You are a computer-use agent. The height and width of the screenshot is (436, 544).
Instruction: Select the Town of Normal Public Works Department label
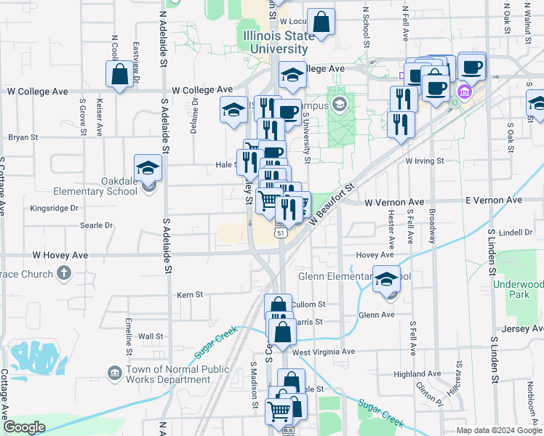click(167, 374)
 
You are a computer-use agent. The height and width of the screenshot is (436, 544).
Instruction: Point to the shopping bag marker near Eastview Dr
click(119, 74)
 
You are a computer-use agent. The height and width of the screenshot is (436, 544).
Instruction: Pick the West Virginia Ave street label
click(324, 352)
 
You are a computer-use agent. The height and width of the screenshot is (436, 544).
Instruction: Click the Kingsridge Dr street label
click(55, 208)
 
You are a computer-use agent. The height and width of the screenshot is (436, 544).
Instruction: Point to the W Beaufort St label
click(332, 203)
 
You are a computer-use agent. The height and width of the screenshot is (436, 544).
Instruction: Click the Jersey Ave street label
click(516, 329)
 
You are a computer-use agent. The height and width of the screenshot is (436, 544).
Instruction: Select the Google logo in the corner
click(25, 427)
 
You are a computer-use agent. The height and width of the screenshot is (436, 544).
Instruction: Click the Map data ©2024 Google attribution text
click(500, 430)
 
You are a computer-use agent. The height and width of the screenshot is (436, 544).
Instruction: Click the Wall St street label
click(151, 336)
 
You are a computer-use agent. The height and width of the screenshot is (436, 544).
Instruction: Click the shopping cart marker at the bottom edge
click(280, 411)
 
